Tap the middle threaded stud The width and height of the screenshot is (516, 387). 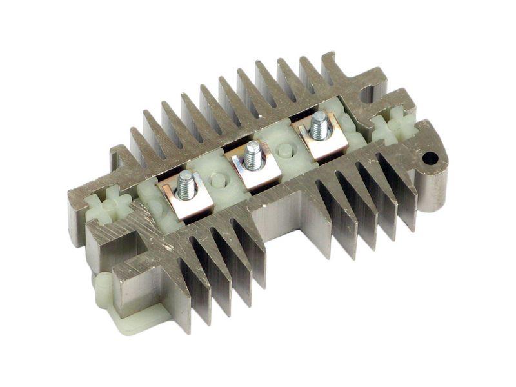tap(253, 155)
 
